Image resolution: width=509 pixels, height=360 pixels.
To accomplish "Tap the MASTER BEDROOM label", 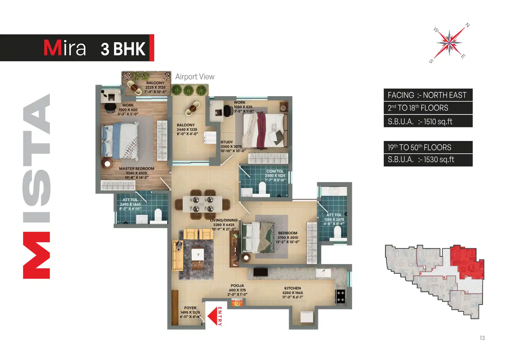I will (136, 169).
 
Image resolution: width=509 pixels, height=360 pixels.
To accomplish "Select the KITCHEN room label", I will (292, 288).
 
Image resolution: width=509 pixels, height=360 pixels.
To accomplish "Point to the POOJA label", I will (237, 286).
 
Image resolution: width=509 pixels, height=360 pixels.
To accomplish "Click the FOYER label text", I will (190, 308).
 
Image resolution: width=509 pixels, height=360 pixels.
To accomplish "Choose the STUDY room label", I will (227, 142).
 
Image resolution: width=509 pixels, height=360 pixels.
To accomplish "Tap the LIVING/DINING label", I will (224, 220).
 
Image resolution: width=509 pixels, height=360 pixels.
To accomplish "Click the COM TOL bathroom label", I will (275, 171).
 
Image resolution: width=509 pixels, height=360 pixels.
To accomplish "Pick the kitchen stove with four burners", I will (340, 296).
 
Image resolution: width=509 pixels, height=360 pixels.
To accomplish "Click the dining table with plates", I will (202, 204).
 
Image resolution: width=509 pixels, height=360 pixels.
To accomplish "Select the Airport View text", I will (195, 77).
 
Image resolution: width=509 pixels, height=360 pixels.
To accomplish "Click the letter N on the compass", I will (468, 25).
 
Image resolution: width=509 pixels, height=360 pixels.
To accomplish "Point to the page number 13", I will (482, 338).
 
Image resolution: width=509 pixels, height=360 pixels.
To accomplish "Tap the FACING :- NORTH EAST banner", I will (428, 95).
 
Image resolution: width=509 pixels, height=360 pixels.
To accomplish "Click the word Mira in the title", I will (65, 48).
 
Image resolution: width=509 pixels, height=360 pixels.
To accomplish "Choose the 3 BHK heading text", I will (123, 49).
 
